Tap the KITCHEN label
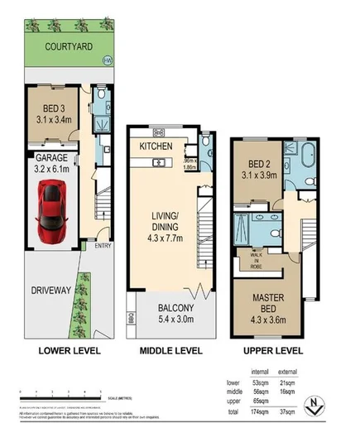pos(156,147)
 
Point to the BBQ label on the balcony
pos(131,316)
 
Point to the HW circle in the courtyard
pos(106,60)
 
